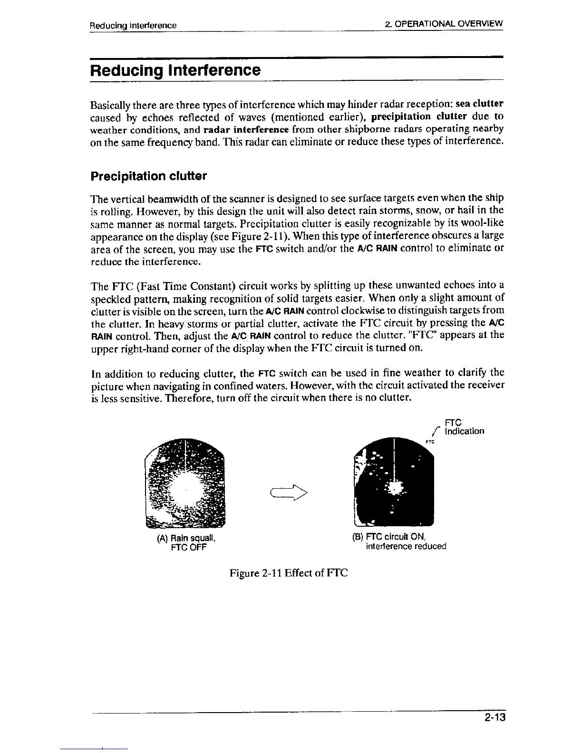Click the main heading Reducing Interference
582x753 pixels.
tap(175, 70)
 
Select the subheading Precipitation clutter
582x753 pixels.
tap(148, 176)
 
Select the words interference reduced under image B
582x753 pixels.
tap(406, 546)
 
